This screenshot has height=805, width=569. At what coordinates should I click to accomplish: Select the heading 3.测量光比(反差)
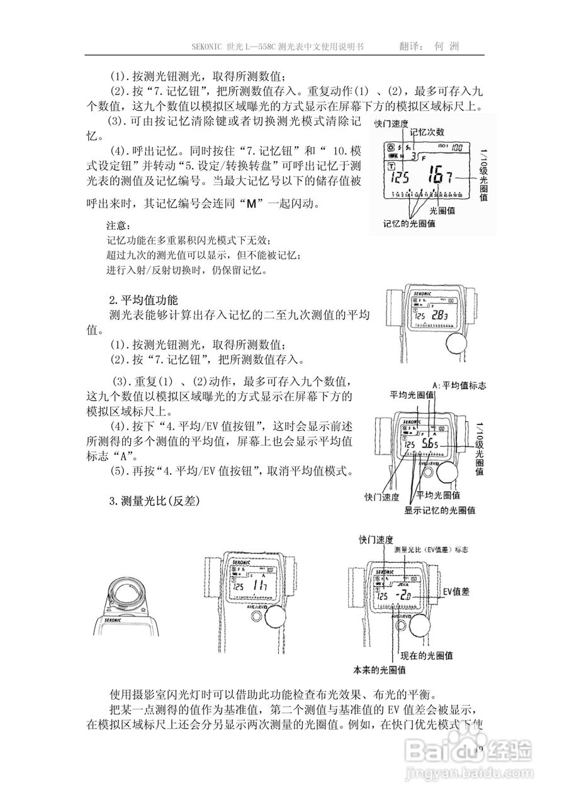tap(154, 501)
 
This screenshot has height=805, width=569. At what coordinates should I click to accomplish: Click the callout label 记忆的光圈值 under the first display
tap(410, 223)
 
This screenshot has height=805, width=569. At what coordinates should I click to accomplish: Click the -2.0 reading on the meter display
tap(402, 594)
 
